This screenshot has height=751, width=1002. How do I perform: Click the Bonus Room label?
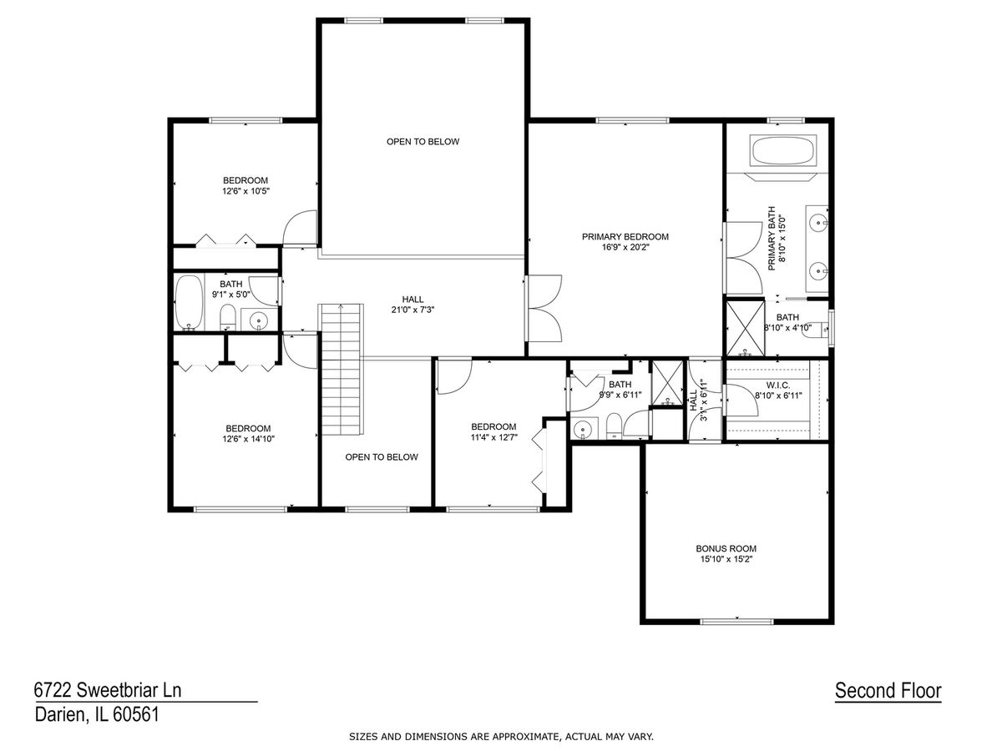click(726, 548)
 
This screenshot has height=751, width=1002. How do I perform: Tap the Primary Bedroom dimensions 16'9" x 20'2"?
click(625, 247)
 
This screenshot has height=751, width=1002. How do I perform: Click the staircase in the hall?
click(341, 370)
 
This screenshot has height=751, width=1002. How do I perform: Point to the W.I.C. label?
click(778, 386)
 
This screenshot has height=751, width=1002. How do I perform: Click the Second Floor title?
click(888, 690)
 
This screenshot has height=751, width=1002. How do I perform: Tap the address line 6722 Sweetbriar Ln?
click(108, 690)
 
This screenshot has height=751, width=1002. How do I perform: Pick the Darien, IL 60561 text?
click(97, 714)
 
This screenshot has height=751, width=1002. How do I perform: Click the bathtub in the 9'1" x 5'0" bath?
click(189, 302)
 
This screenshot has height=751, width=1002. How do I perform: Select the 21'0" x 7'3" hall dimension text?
click(412, 310)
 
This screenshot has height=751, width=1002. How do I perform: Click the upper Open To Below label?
click(423, 142)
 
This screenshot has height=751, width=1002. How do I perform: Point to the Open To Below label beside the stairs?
click(381, 457)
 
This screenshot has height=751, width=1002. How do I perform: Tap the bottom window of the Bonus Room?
click(736, 621)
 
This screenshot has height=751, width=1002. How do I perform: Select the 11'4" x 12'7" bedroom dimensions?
click(494, 437)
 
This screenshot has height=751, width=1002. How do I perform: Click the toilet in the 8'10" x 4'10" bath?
click(815, 330)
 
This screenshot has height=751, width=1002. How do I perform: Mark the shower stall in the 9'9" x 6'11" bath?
click(667, 382)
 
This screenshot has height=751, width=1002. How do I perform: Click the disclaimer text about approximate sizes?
click(501, 737)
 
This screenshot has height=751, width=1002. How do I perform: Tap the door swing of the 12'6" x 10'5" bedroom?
click(300, 227)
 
